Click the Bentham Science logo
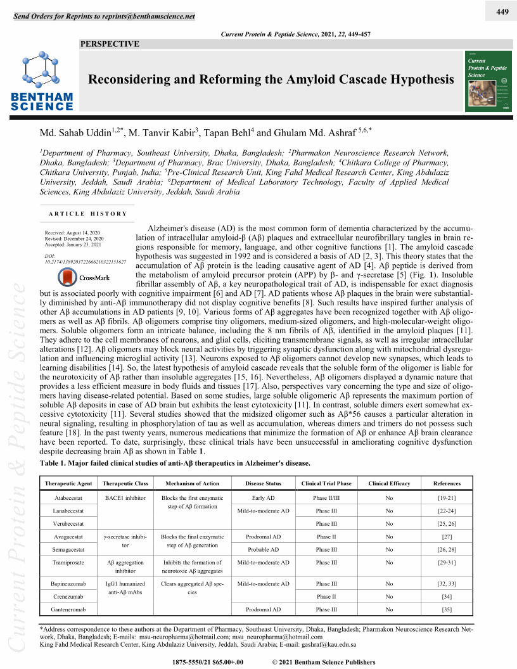[42, 82]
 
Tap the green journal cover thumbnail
[488, 80]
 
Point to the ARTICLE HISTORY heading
[88, 214]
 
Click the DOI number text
[85, 261]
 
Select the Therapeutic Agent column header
[69, 483]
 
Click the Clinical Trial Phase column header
[326, 483]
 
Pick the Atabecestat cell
[69, 498]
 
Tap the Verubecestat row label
[69, 524]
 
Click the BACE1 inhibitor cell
[125, 498]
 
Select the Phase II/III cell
[326, 498]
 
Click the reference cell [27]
[447, 537]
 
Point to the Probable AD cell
[263, 549]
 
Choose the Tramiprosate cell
[69, 562]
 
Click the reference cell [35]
[447, 609]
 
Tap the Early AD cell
[263, 498]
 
